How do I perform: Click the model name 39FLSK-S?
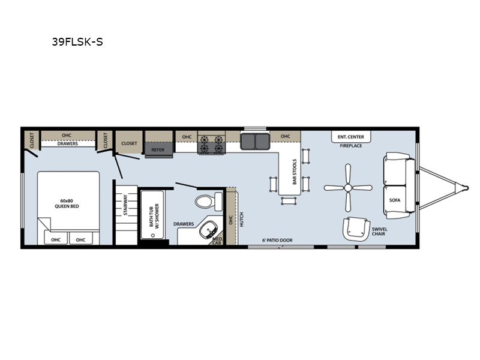click(77, 41)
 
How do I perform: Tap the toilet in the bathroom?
click(208, 202)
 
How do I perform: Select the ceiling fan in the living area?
click(348, 188)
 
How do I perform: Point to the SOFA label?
click(395, 200)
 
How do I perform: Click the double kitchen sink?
click(255, 141)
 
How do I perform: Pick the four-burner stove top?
click(212, 144)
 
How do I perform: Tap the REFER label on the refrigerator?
click(158, 149)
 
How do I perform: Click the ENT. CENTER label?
click(351, 137)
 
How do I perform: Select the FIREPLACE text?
click(351, 146)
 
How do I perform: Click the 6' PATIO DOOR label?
click(277, 241)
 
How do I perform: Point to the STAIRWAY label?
click(125, 205)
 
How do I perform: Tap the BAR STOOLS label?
click(295, 172)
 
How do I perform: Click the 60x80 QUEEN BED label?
click(67, 203)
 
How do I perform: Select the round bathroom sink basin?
click(208, 229)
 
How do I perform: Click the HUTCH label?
click(242, 220)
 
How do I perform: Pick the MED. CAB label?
click(217, 241)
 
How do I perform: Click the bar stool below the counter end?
click(289, 201)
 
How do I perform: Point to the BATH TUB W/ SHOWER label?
click(154, 215)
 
